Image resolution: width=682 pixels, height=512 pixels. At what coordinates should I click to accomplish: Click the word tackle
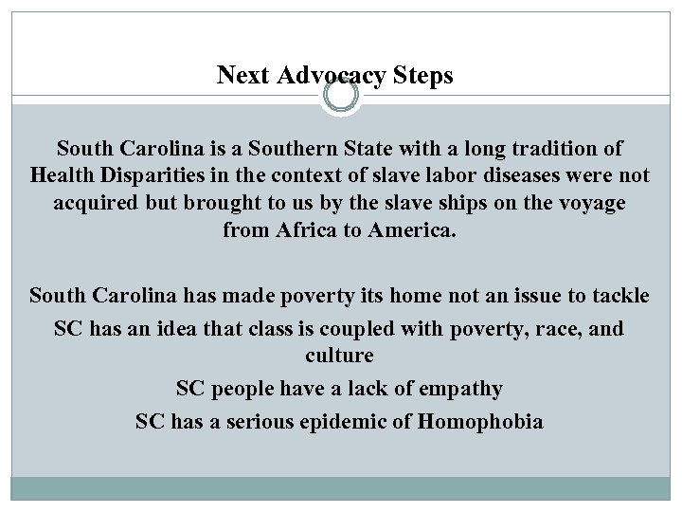619,296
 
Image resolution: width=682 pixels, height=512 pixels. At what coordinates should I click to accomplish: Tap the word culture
340,356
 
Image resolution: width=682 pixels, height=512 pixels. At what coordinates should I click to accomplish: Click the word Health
63,176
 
